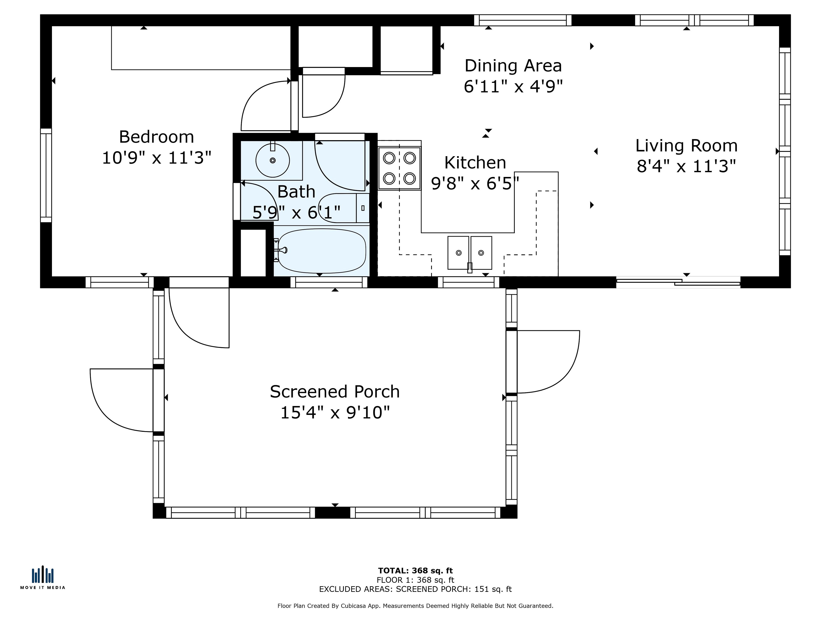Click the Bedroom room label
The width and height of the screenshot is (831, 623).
(x=156, y=137)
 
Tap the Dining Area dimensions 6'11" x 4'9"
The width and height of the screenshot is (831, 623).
(x=513, y=86)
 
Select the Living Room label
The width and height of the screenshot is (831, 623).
(x=686, y=146)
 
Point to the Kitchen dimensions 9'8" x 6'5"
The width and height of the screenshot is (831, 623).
(x=475, y=184)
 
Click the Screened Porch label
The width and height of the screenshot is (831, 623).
(x=335, y=392)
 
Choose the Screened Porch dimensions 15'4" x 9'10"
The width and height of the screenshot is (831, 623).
(x=335, y=413)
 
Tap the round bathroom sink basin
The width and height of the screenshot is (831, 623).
(x=273, y=160)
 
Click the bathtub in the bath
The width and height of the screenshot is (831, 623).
(x=322, y=251)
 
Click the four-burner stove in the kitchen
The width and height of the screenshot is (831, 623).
(x=399, y=168)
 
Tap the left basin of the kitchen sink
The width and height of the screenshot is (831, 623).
(x=458, y=253)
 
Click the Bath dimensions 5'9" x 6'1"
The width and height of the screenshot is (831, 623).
(x=296, y=213)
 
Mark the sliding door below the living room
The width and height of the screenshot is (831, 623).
(x=678, y=282)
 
